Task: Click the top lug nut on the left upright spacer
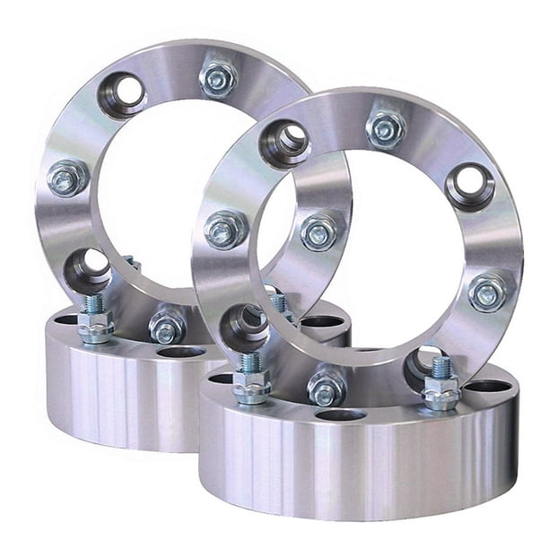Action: [x=218, y=79]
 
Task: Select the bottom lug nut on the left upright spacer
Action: [x=167, y=327]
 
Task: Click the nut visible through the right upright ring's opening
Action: [x=319, y=232]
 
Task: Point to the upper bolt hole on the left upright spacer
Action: [x=124, y=92]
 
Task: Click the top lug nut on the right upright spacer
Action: [x=386, y=129]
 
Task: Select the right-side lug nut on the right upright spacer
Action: [x=486, y=292]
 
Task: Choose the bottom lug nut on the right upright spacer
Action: [x=327, y=388]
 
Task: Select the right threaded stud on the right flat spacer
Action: [x=440, y=384]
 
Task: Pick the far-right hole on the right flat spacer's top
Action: [x=489, y=387]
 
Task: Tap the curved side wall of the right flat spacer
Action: [x=359, y=475]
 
